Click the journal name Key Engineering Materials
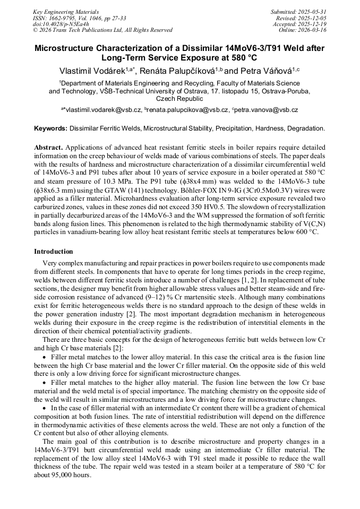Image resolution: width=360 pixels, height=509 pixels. pos(66,11)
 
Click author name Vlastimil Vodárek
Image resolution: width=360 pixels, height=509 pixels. pos(92,71)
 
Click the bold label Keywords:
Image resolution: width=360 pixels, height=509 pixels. pos(51,128)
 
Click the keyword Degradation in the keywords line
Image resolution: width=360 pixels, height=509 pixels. pos(305,128)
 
